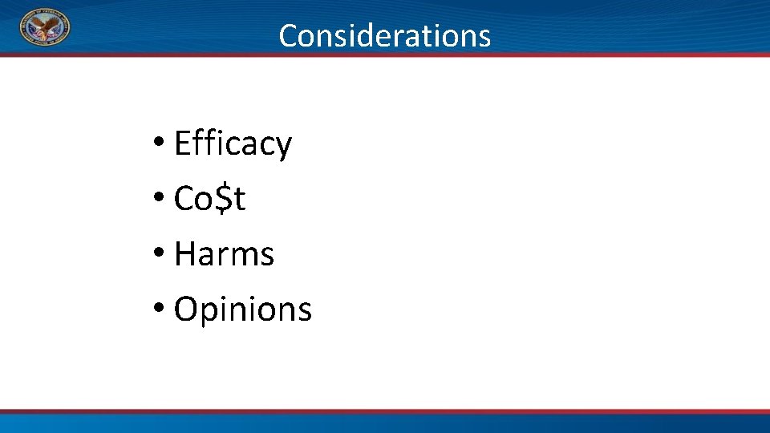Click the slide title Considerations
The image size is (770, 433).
[384, 35]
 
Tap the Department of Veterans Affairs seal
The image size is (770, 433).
[45, 28]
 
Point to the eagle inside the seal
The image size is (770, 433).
[45, 29]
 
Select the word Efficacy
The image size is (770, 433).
[233, 144]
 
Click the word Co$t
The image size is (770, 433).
[209, 200]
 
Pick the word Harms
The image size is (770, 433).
[224, 255]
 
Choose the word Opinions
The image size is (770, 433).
[242, 310]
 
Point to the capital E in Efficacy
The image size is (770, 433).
[182, 144]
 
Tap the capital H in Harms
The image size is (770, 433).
[184, 255]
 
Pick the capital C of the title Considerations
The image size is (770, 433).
[289, 35]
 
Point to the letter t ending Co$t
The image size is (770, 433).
[239, 200]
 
